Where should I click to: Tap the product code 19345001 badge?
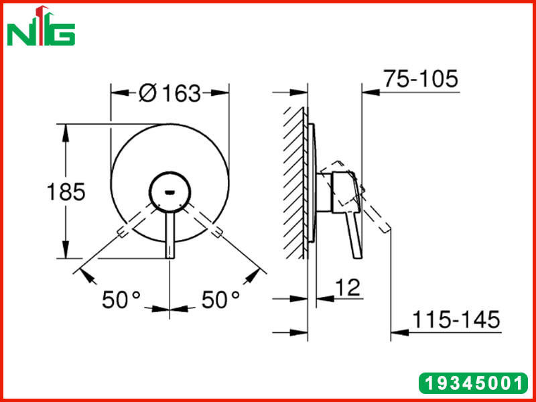[x=474, y=383]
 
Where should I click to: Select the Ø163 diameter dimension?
[x=170, y=92]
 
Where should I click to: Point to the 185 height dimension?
[x=66, y=192]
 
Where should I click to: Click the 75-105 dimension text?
[x=421, y=79]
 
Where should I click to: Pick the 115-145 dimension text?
[x=456, y=320]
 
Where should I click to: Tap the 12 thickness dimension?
[x=347, y=287]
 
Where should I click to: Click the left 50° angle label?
[x=121, y=299]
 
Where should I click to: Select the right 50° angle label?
[x=221, y=299]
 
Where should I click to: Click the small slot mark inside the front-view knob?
[x=170, y=192]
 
